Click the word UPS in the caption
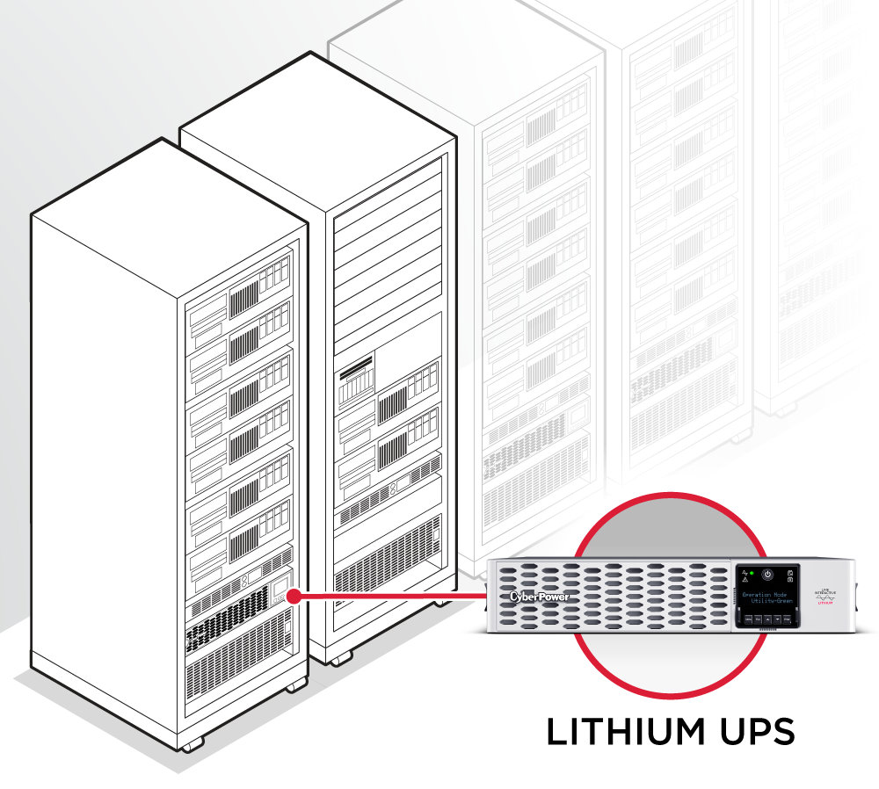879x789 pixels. [x=755, y=731]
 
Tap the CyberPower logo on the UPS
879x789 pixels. [x=539, y=597]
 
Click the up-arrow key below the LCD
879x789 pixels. [x=767, y=619]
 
